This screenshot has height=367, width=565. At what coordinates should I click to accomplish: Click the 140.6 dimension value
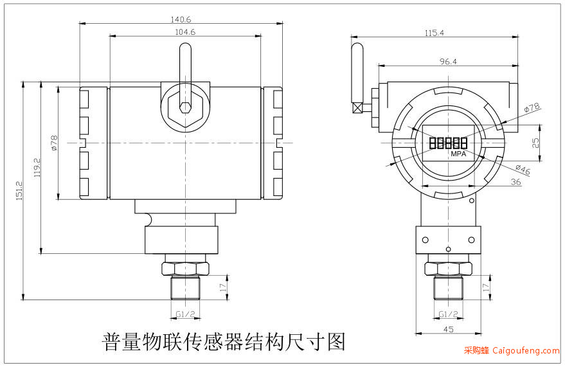point(181,19)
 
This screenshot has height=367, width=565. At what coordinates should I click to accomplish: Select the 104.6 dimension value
point(185,32)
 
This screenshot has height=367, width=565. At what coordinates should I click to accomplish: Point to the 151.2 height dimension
point(19,190)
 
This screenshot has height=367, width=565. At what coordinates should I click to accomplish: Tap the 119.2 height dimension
point(37,168)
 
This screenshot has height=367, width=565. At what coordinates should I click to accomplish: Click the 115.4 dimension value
point(434,33)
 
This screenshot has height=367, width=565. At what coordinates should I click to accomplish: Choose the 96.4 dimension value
point(448,62)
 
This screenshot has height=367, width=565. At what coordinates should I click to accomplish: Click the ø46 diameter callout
point(523,169)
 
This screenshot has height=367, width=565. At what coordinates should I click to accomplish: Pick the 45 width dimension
point(448,329)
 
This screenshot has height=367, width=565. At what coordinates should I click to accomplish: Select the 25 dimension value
point(536,143)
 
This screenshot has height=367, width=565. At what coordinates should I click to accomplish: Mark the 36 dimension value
point(516,182)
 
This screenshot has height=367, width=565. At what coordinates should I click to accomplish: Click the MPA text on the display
point(458,154)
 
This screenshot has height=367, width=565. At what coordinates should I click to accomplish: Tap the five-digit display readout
point(448,143)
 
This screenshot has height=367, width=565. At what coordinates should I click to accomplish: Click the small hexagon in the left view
point(185,107)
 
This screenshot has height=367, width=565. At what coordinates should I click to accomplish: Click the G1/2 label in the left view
point(185,314)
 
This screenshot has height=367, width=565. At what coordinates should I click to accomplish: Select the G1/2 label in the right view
point(448,314)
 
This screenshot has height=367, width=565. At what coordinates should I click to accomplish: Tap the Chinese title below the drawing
point(224,342)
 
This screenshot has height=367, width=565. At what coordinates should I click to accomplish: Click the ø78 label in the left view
point(54,143)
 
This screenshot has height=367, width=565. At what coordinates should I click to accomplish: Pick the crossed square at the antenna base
point(357,108)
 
